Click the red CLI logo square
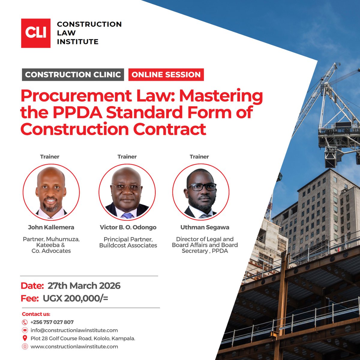click(x=36, y=33)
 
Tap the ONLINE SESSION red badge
click(x=166, y=75)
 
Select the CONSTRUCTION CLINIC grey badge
click(x=73, y=75)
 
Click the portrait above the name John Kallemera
click(x=51, y=192)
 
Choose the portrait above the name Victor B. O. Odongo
click(x=127, y=192)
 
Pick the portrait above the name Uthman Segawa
click(x=201, y=192)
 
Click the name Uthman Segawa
click(x=205, y=227)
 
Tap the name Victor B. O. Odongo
click(x=128, y=227)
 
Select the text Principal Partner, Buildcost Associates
click(x=128, y=242)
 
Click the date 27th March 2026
click(x=84, y=286)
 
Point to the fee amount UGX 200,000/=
click(x=75, y=299)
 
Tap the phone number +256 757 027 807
click(x=52, y=322)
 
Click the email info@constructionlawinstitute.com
click(x=74, y=330)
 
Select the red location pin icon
click(x=25, y=338)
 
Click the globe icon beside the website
click(x=25, y=346)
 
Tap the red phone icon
click(x=25, y=322)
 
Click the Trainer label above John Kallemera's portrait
click(x=50, y=157)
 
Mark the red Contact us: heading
click(x=36, y=314)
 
